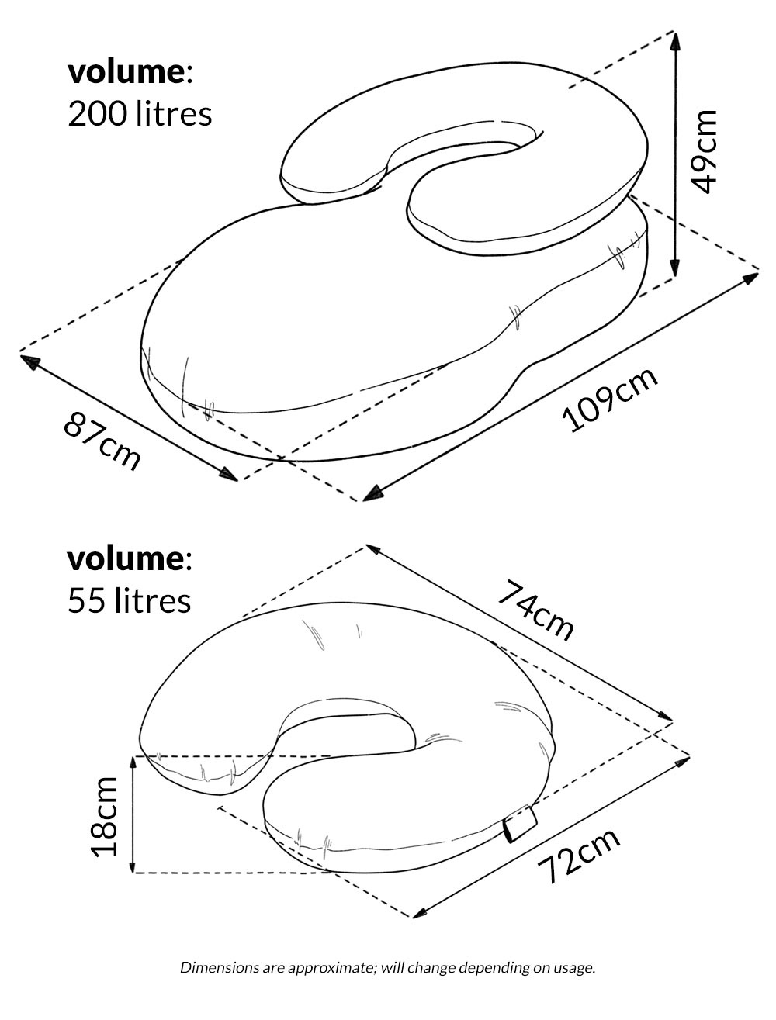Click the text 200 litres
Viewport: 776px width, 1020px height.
140,114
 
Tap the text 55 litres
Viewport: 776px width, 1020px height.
129,600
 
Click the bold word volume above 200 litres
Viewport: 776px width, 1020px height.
126,73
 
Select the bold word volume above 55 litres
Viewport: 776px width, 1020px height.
126,559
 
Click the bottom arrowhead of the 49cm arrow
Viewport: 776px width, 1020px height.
675,267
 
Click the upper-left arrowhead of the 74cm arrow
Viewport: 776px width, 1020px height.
375,551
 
